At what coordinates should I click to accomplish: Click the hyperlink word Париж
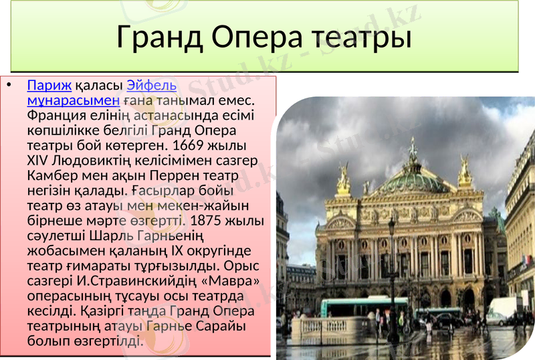49,86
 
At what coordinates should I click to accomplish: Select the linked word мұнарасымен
73,101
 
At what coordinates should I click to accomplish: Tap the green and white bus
364,306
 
